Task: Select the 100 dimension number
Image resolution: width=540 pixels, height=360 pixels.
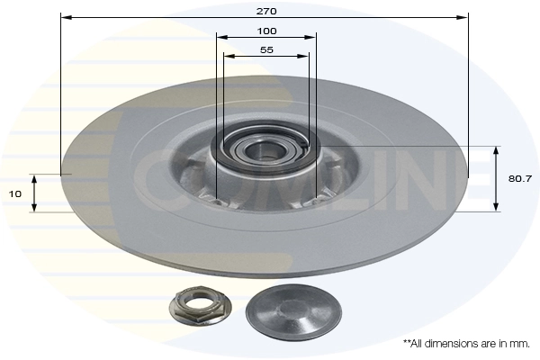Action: [x=265, y=31]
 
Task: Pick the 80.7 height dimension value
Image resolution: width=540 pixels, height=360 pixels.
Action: [x=519, y=179]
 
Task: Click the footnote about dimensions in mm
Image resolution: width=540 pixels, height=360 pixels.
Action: [x=466, y=343]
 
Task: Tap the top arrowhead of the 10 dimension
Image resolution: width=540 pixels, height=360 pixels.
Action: [x=34, y=177]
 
